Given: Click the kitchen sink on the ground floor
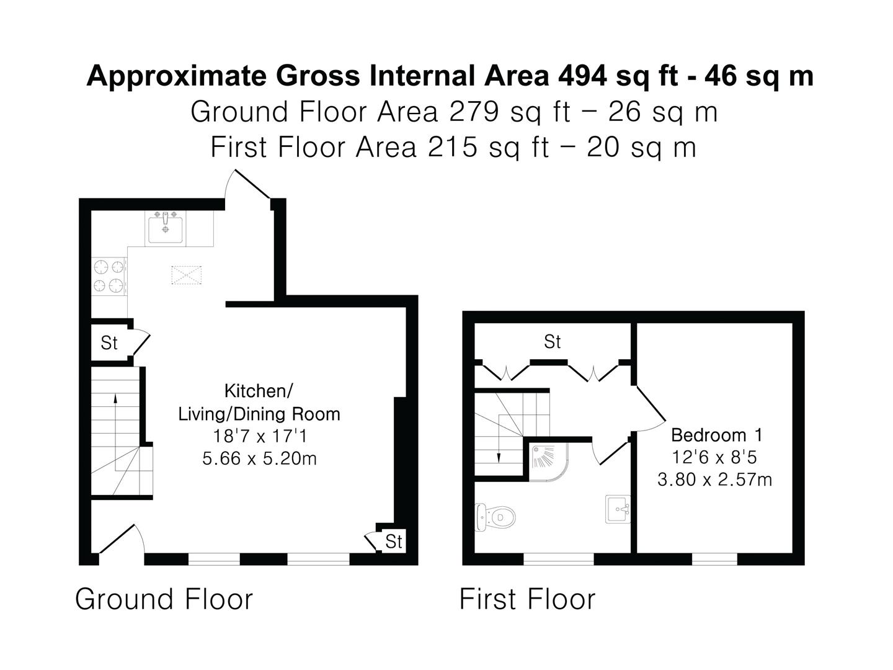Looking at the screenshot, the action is coord(165,227).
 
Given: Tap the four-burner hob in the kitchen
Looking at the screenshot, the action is coord(109,277).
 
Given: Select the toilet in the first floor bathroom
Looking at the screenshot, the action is coord(495,517).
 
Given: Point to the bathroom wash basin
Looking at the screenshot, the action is coord(618,509).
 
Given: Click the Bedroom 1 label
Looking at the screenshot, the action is coord(716,435).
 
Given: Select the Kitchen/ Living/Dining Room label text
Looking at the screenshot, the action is coord(259,403).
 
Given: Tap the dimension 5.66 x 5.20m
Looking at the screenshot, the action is coord(259,458).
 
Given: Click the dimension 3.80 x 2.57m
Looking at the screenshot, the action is coord(715,479).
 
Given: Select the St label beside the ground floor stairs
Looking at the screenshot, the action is coord(109,343).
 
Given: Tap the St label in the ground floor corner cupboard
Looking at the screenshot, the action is coord(393,542).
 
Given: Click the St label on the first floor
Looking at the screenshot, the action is coord(552,342).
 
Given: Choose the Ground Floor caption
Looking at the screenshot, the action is coord(164,599).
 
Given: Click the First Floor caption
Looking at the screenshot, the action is coord(528,599).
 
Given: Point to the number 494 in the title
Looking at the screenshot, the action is coord(582,76).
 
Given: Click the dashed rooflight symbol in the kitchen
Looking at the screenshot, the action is coord(187,275).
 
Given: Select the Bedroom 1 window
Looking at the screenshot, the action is coord(714,559).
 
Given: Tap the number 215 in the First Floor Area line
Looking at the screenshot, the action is coord(453,147).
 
